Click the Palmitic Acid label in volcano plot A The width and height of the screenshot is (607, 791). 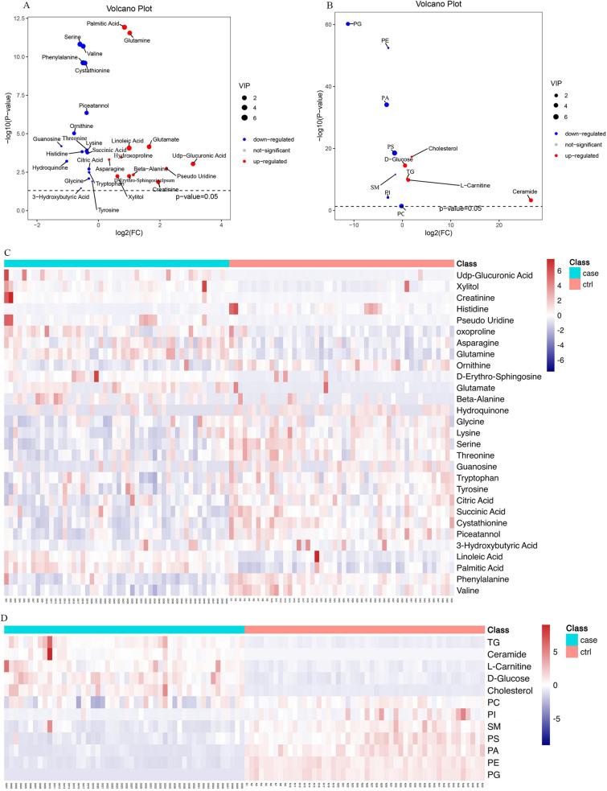(x=103, y=24)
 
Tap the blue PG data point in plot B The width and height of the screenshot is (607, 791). (x=348, y=24)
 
